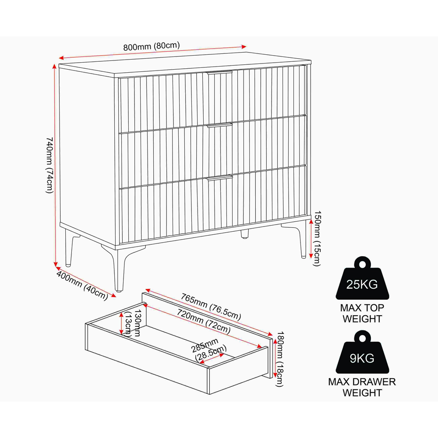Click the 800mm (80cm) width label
point(152,46)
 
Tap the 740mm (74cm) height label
point(49,165)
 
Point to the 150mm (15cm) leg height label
point(317,239)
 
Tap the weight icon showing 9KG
point(362,353)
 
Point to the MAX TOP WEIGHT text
point(362,314)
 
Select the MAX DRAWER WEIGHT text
point(362,388)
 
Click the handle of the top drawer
point(219,73)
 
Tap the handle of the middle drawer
point(220,125)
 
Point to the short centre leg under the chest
point(245,234)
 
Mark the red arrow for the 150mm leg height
point(311,239)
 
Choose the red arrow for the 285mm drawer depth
point(212,359)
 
